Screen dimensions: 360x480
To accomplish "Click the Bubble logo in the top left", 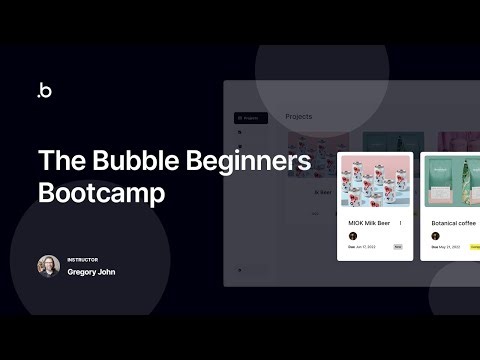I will (44, 90).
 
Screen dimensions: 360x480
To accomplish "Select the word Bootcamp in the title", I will (100, 193).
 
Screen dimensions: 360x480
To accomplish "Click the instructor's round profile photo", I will (48, 266).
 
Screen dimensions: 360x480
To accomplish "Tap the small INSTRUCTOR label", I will (82, 259).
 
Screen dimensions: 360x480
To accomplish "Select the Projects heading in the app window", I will (298, 117).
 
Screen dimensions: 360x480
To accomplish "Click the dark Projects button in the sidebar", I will (250, 118).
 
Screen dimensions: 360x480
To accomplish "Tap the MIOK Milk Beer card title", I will (369, 223).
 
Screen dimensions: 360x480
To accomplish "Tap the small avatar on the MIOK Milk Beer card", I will (353, 236).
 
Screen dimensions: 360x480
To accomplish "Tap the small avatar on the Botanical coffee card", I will (436, 236).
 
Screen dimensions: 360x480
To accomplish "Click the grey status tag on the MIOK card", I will (398, 246).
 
